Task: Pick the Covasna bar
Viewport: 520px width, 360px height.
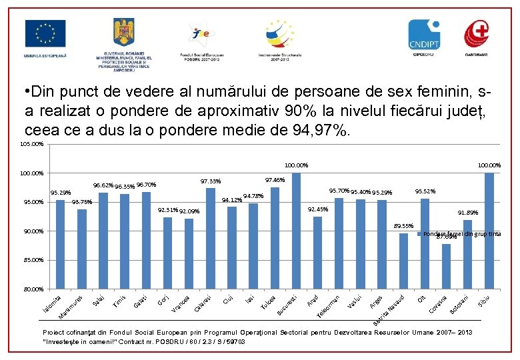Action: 446,267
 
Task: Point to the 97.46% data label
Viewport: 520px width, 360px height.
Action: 275,180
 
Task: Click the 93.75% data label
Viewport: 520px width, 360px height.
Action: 82,201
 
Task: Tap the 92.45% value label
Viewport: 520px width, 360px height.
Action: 317,209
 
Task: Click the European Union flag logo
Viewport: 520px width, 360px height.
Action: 45,33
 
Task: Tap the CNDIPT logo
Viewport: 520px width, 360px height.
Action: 425,33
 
